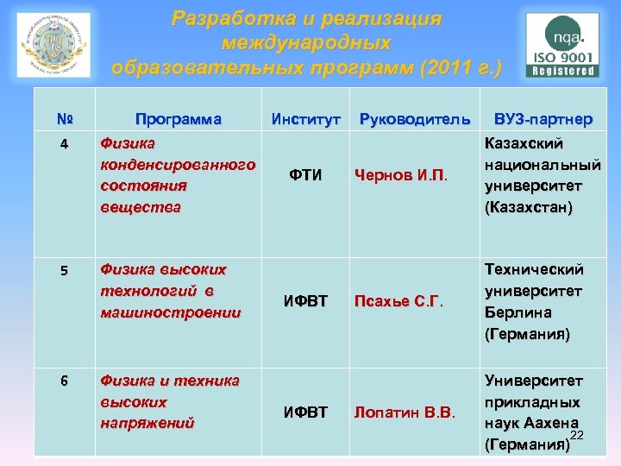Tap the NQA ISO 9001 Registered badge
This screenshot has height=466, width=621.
(563, 46)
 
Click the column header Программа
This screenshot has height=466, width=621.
(178, 118)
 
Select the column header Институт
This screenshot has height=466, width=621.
(306, 118)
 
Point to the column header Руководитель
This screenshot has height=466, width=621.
(415, 118)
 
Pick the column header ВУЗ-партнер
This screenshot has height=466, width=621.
(543, 118)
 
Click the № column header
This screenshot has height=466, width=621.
(64, 119)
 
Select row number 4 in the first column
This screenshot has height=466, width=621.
(64, 144)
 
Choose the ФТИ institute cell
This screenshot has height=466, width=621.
(306, 176)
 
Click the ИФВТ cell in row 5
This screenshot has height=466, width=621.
(306, 301)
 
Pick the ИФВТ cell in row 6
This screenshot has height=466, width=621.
(306, 412)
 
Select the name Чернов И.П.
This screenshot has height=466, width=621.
(400, 176)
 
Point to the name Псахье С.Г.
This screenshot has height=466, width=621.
(398, 301)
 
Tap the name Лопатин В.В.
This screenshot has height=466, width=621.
(404, 412)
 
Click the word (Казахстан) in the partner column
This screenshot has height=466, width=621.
(528, 207)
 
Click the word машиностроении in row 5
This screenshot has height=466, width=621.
(171, 312)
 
